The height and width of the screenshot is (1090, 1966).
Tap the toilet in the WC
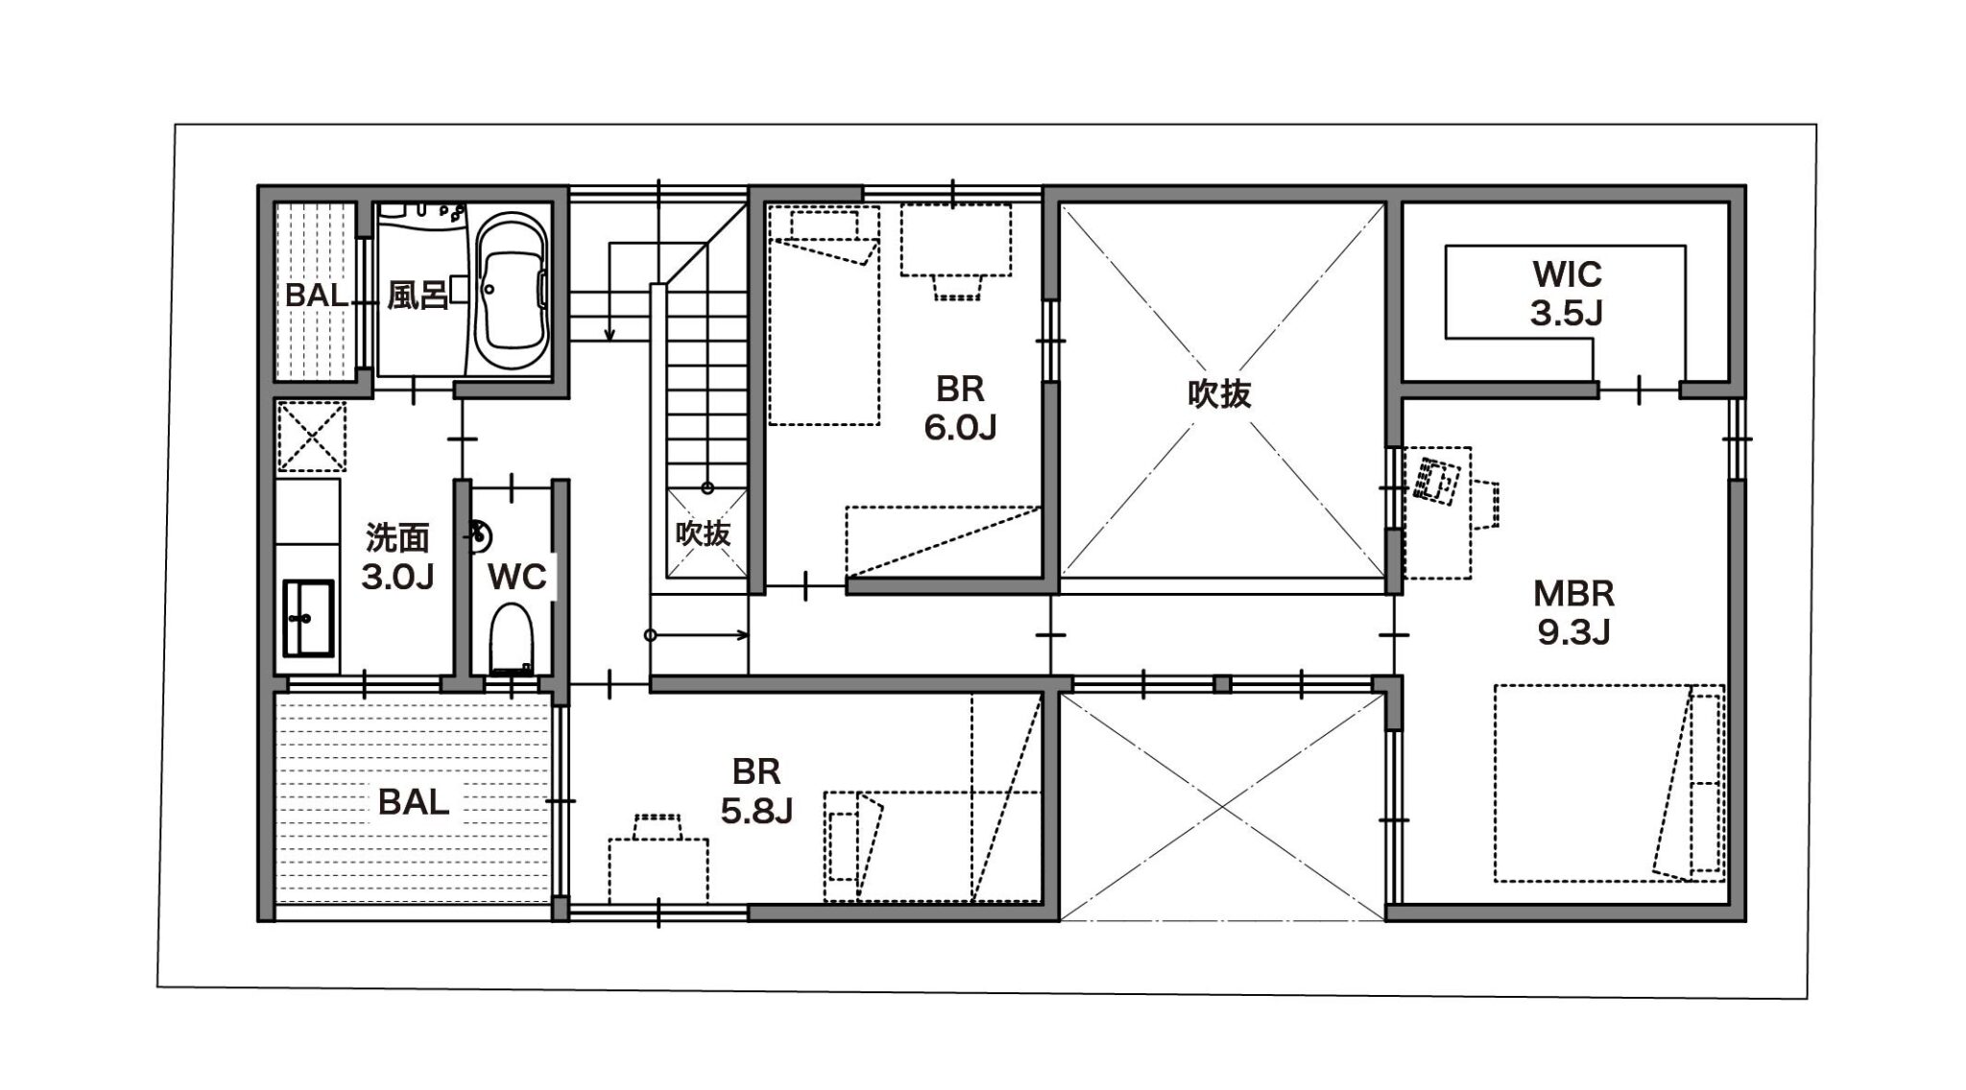(510, 637)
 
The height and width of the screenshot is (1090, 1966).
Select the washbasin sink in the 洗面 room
(307, 618)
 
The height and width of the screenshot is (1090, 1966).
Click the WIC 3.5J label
(1567, 293)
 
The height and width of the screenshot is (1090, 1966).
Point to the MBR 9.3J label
(1573, 612)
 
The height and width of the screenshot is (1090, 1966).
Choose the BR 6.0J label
(960, 408)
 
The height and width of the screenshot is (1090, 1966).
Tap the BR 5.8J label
(756, 792)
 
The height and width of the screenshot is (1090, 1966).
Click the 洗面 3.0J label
(397, 557)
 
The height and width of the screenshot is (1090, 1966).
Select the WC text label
(517, 577)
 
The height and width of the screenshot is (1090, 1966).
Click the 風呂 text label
(418, 295)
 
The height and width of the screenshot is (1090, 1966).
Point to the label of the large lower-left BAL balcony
(414, 801)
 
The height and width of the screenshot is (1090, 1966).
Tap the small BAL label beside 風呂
(317, 295)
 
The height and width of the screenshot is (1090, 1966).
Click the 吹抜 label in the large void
(1219, 394)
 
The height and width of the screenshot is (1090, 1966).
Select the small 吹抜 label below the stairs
(703, 533)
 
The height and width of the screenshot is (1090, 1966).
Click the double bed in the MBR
(1609, 782)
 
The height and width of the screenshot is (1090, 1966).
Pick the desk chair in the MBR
(1485, 505)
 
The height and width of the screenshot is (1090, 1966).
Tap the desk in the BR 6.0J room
(955, 240)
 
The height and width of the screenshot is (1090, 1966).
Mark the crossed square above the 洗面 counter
(311, 437)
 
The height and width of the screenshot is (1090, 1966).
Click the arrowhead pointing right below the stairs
(743, 634)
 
